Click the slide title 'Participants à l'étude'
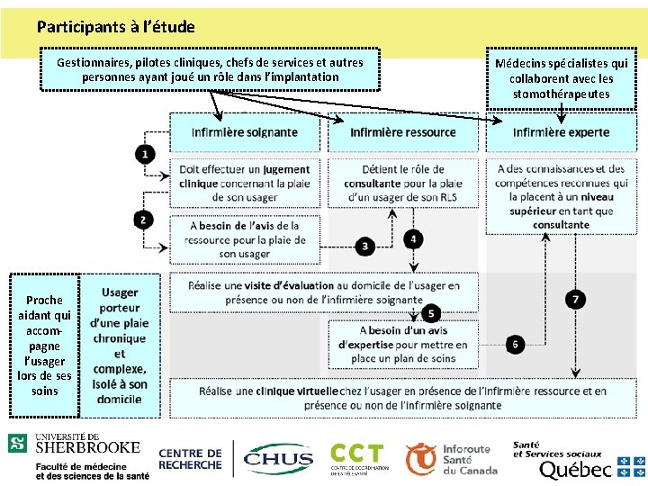pyautogui.click(x=116, y=27)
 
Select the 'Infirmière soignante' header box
pyautogui.click(x=244, y=132)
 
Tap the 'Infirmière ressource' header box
pyautogui.click(x=402, y=132)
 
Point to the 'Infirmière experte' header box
pyautogui.click(x=561, y=132)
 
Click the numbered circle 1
pyautogui.click(x=146, y=155)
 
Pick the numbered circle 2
pyautogui.click(x=146, y=219)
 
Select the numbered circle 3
pyautogui.click(x=365, y=245)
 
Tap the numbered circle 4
pyautogui.click(x=412, y=238)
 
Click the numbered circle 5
pyautogui.click(x=431, y=313)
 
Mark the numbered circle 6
pyautogui.click(x=516, y=344)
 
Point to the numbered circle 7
pyautogui.click(x=576, y=299)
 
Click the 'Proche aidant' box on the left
pyautogui.click(x=44, y=345)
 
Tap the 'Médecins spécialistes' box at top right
pyautogui.click(x=561, y=78)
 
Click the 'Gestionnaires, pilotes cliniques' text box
pyautogui.click(x=210, y=69)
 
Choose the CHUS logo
pyautogui.click(x=278, y=458)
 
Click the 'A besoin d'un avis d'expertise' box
pyautogui.click(x=402, y=344)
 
